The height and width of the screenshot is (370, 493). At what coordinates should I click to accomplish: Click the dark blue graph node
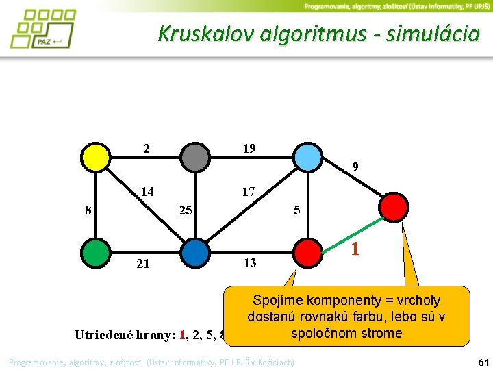coord(195,251)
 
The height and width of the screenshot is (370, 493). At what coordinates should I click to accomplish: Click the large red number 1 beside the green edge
coord(355,249)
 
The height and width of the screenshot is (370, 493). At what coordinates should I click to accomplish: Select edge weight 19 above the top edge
coord(249,148)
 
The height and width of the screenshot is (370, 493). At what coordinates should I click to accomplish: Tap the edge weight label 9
coord(355,166)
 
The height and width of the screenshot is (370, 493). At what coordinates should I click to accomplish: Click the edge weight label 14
coord(147,193)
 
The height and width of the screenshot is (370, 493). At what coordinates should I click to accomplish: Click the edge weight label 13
coord(249,263)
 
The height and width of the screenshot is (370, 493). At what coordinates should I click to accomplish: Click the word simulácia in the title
coord(432,34)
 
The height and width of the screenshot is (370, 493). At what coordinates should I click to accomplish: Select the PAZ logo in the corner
coord(42,29)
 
